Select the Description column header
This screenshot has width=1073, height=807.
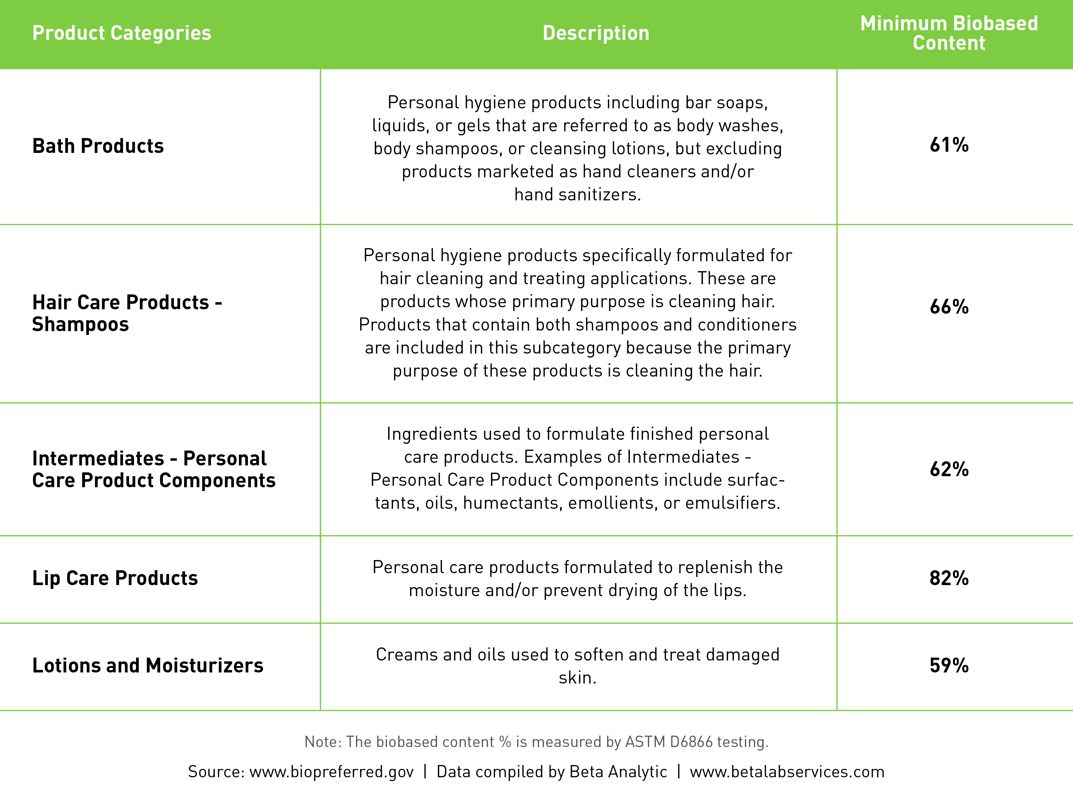pos(596,33)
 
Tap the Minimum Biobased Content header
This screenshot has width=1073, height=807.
pos(949,33)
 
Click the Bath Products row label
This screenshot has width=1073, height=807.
pos(98,146)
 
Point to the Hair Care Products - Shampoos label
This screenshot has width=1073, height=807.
pos(127,313)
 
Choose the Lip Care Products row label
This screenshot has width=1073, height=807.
pos(115,578)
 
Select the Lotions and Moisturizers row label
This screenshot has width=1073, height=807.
pos(147,665)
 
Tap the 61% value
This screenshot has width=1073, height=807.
pos(949,145)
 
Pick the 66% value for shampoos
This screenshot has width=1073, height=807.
pos(949,307)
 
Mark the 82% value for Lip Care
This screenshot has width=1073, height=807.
pos(949,578)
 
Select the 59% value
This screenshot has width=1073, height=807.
pos(949,665)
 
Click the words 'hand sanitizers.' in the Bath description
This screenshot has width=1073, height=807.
pos(577,195)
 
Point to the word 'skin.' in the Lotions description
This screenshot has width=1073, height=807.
pos(577,677)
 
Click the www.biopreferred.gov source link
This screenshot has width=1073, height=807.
pos(331,771)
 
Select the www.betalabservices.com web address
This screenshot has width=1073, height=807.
pos(787,771)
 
